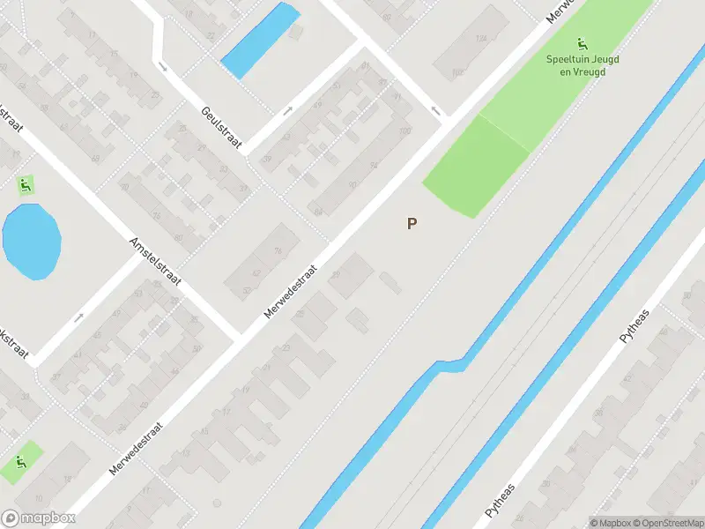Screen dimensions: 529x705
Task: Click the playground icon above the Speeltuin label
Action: tap(581, 44)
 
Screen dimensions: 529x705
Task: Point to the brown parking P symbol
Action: tap(412, 224)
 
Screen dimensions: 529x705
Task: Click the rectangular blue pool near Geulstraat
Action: tap(260, 39)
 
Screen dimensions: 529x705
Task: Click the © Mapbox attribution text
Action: tap(610, 523)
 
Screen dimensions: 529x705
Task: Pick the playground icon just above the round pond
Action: tap(26, 185)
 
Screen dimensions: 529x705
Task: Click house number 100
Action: tap(404, 132)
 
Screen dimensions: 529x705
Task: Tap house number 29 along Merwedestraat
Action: tap(336, 276)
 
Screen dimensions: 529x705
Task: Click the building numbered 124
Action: tap(481, 39)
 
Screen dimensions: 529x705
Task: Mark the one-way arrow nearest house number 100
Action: tap(434, 111)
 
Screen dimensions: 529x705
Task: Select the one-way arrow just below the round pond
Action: tap(78, 317)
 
